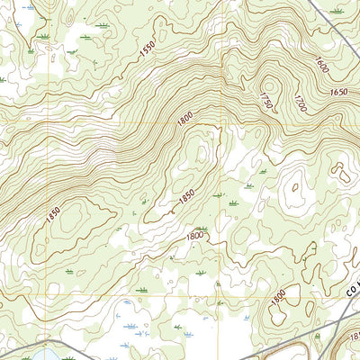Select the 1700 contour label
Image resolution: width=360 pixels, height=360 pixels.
coord(300,103)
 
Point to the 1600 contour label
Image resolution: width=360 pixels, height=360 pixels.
coord(321,65)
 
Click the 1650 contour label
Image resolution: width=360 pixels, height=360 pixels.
coord(339,92)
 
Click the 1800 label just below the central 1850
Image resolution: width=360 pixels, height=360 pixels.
coord(194,236)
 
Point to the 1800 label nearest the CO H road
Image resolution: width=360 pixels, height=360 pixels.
coord(278,293)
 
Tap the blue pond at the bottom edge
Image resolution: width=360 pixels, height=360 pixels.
coord(45,354)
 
